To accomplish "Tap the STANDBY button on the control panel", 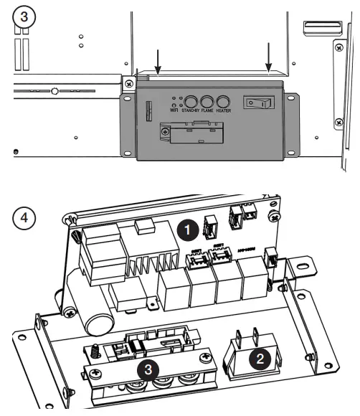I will pyautogui.click(x=191, y=102).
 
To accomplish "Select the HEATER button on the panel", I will pyautogui.click(x=223, y=102).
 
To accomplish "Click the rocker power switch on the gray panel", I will pyautogui.click(x=259, y=103).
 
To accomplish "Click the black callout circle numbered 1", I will pyautogui.click(x=188, y=231).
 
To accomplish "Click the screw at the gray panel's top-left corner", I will pyautogui.click(x=128, y=84).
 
